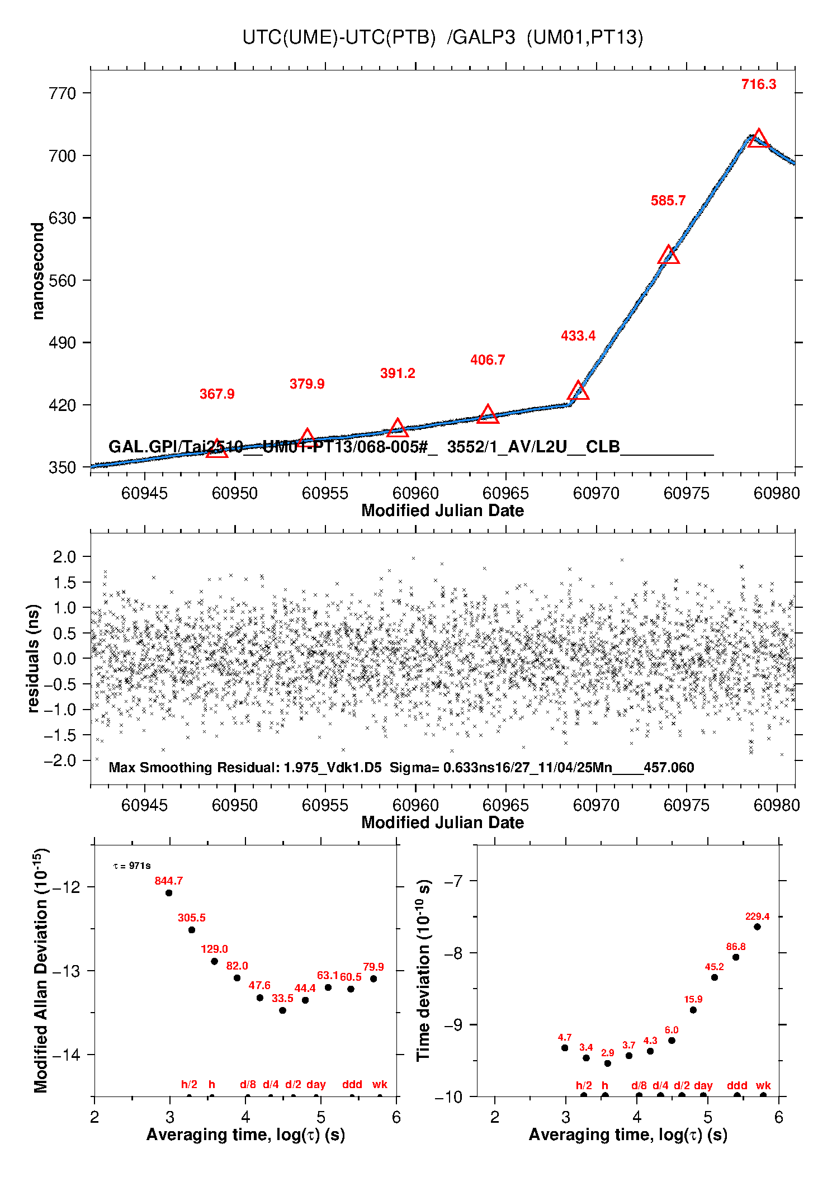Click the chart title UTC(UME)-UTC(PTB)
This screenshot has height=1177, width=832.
442,37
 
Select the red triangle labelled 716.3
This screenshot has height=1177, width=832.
758,138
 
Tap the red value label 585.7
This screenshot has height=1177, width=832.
668,201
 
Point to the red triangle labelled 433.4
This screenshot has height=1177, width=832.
578,391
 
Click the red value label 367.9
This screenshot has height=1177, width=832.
217,394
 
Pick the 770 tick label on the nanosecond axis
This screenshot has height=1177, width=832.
62,93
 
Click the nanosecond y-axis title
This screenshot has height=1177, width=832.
37,271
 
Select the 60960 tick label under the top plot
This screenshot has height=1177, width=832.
415,493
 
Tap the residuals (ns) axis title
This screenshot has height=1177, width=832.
34,658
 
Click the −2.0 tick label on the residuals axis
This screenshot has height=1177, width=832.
61,760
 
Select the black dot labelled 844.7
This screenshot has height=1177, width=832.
169,893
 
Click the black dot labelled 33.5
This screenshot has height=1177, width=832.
282,1010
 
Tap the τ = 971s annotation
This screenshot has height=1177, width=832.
132,866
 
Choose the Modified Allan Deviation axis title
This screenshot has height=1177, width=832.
40,970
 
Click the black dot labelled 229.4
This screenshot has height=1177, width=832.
757,927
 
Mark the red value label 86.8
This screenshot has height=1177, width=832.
736,947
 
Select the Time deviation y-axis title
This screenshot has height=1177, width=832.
424,970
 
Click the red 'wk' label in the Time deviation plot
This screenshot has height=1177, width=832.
763,1085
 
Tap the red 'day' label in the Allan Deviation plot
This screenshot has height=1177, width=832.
316,1084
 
